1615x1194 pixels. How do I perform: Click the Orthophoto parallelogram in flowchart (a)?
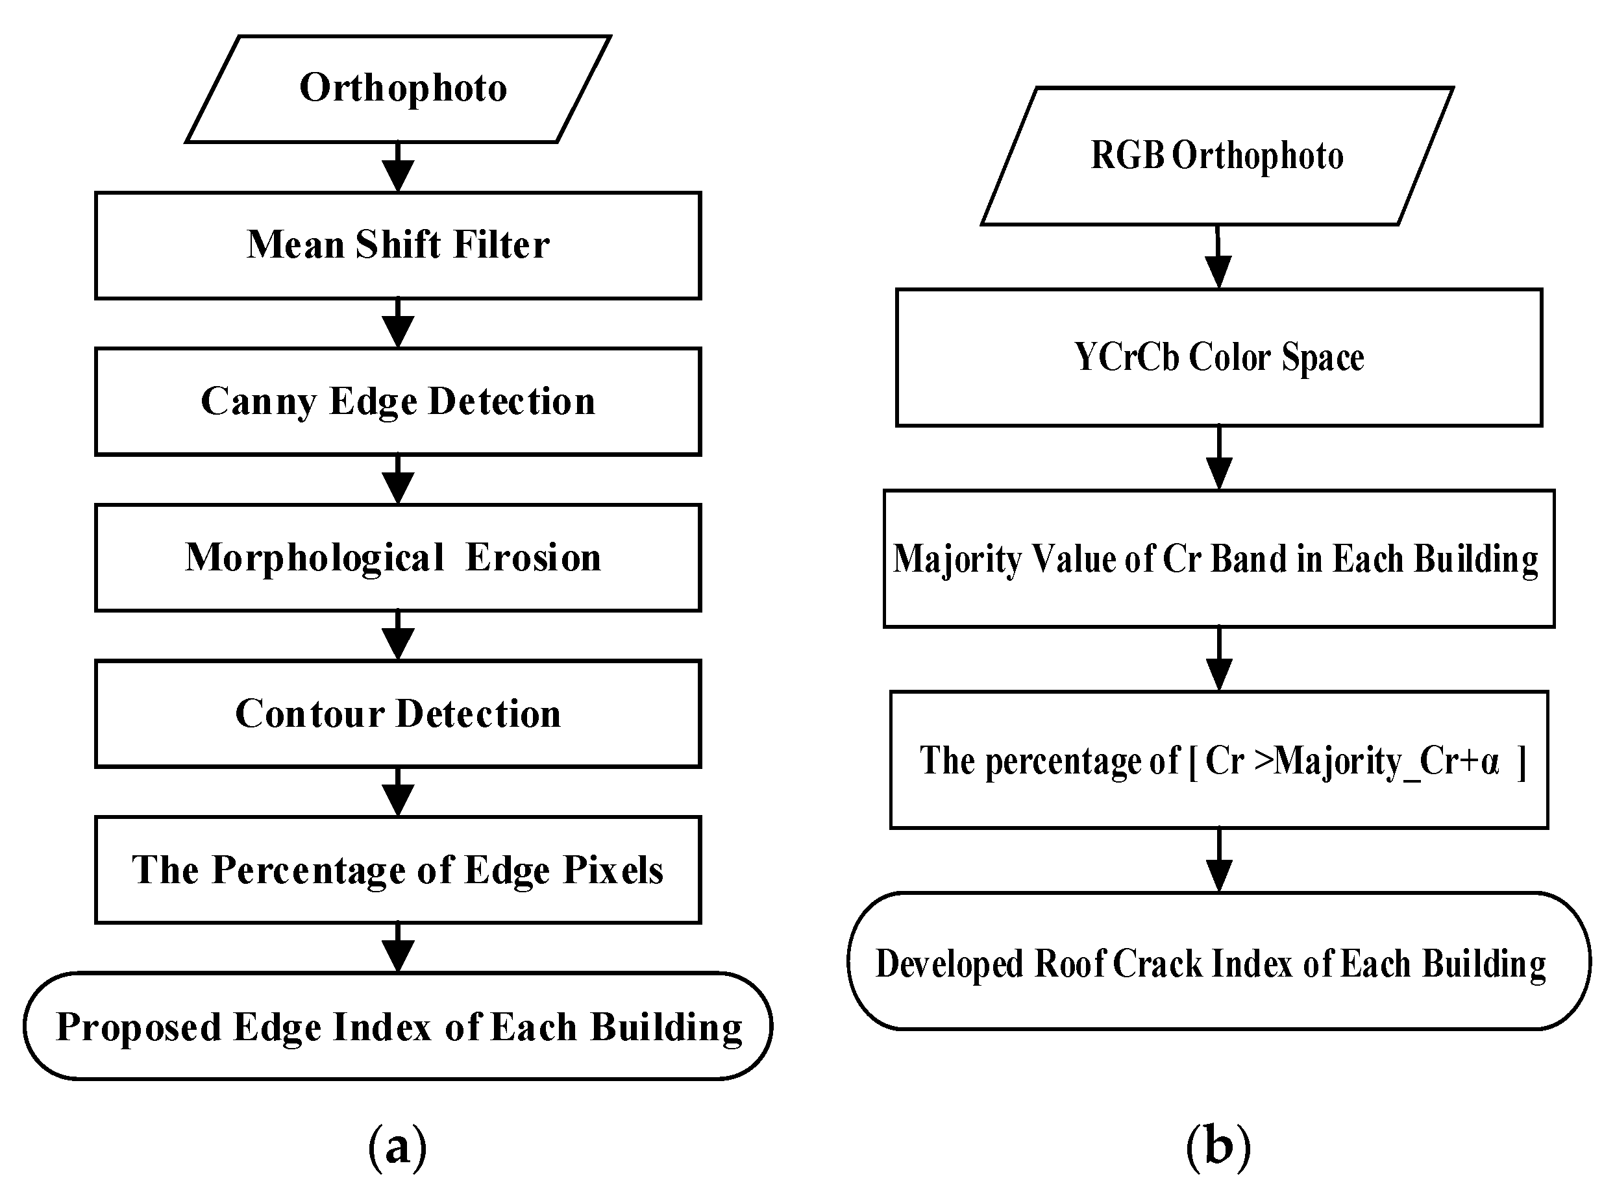coord(399,88)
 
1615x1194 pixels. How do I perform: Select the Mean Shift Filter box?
coord(398,245)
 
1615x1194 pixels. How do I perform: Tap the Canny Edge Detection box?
coord(398,402)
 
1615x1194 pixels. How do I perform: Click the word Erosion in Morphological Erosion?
coord(533,558)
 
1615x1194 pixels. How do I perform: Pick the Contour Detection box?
coord(398,714)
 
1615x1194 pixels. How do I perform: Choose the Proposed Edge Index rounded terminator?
coord(398,1027)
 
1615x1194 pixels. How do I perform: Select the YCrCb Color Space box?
coord(1219,358)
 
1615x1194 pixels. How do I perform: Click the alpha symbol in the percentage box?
coord(1489,762)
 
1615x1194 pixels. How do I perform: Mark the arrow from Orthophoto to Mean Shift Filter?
coord(398,167)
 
